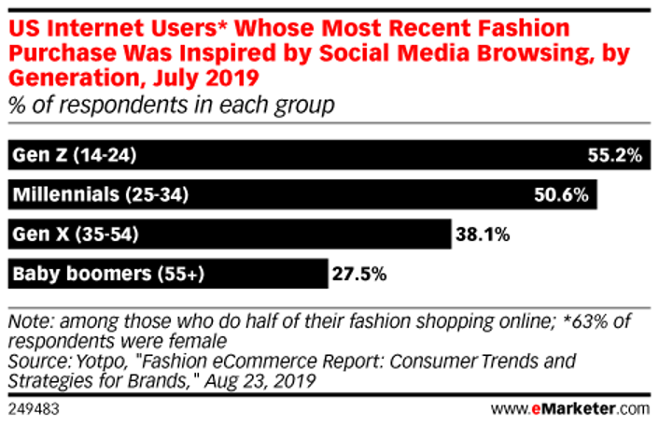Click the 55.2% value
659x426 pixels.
coord(615,156)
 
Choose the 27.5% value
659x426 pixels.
coord(359,275)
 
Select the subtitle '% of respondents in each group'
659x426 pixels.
coord(170,106)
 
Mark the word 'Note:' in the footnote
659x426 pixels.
coord(30,320)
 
